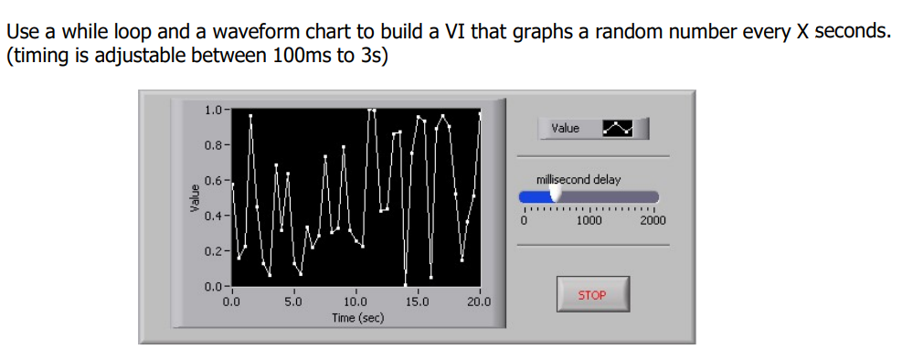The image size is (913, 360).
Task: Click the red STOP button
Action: (x=592, y=295)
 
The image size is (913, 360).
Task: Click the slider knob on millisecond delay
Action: (x=554, y=196)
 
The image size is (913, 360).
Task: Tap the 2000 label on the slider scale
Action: (x=653, y=220)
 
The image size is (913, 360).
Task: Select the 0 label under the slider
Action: (x=525, y=220)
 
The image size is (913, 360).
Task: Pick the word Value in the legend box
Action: (x=566, y=129)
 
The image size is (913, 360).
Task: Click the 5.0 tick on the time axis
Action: (x=292, y=301)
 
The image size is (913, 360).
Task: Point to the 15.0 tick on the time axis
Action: (x=417, y=301)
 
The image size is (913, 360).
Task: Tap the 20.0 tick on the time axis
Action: (x=478, y=301)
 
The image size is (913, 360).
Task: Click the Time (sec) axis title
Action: (x=357, y=317)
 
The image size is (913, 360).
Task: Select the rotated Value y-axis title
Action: (x=194, y=198)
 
